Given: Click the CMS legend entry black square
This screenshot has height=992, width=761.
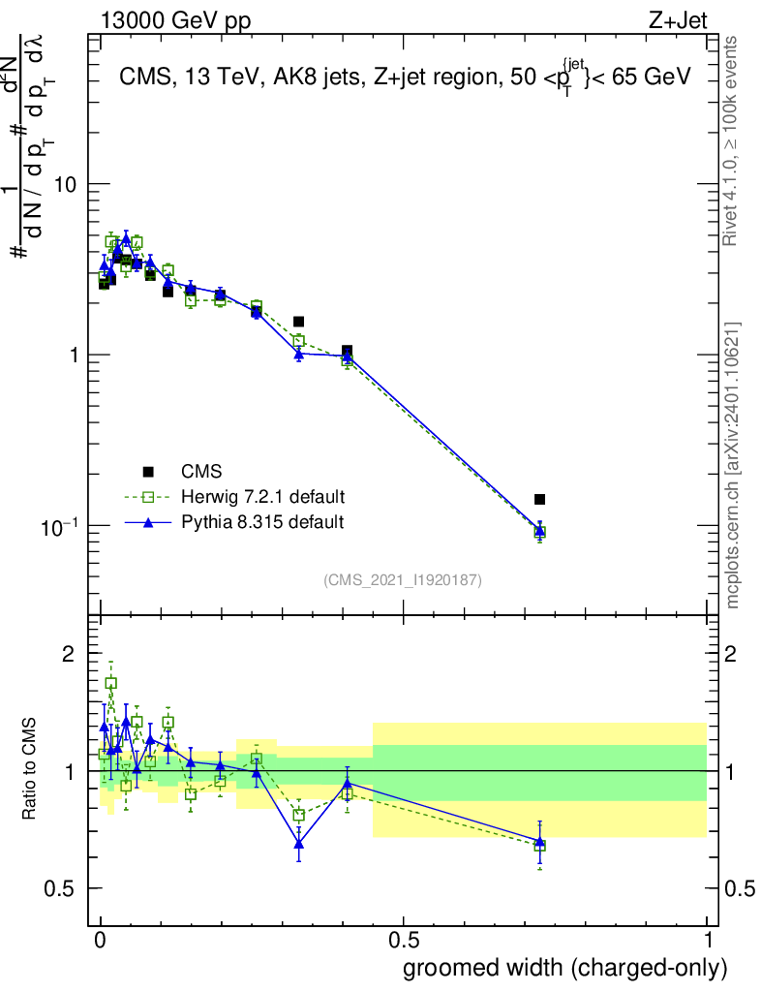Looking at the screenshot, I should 148,472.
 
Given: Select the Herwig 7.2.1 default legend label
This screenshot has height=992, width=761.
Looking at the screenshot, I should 262,497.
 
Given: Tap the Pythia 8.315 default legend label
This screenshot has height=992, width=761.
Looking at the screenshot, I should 262,522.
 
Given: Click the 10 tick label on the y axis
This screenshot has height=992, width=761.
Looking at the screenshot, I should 65,184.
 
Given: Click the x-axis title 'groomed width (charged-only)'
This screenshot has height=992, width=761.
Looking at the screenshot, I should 563,968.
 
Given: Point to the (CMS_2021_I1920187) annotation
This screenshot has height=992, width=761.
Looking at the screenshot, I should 403,579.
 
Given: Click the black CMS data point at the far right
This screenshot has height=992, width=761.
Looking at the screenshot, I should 539,499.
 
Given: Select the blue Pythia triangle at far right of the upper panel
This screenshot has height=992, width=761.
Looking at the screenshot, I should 539,529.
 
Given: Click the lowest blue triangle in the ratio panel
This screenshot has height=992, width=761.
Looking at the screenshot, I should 299,845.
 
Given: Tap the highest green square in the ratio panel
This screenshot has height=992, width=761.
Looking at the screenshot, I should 110,683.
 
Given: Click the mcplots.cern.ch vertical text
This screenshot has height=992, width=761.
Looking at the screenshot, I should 733,465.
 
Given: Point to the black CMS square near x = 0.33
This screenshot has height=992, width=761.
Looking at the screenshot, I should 299,321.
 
